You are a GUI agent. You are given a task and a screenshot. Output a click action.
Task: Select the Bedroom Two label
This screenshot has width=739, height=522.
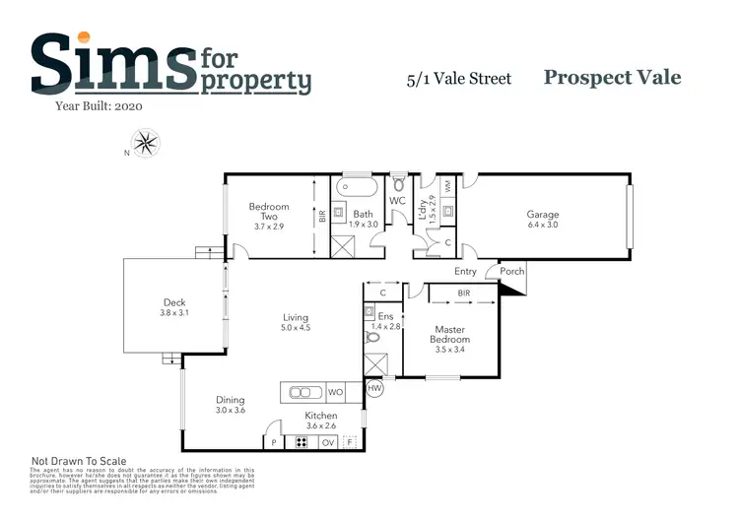[269, 212]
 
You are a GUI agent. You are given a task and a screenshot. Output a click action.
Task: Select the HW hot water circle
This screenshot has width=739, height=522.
[374, 389]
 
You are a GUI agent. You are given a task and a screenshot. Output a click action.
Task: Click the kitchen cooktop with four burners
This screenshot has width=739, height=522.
[301, 442]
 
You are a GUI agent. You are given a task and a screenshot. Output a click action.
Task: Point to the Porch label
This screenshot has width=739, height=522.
[512, 272]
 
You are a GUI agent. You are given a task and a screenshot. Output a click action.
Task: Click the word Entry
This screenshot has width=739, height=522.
[465, 272]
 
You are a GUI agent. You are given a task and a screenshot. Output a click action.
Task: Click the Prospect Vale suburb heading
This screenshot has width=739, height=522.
[612, 77]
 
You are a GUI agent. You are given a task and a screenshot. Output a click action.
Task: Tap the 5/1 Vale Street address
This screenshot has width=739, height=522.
[459, 79]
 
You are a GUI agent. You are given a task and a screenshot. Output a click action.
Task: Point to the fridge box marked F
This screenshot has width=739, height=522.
[350, 442]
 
